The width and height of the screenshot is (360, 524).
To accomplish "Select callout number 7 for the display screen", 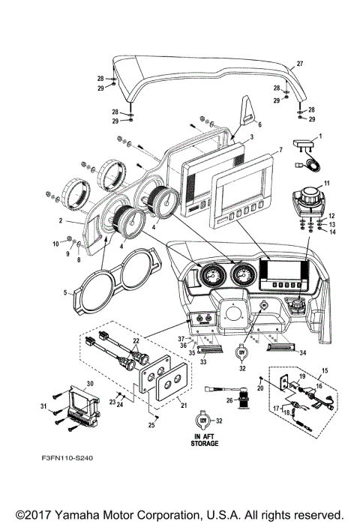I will point(280,150).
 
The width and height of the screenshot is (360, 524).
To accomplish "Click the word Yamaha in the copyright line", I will point(96,514).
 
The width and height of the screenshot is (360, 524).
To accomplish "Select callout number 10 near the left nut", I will point(55,244).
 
